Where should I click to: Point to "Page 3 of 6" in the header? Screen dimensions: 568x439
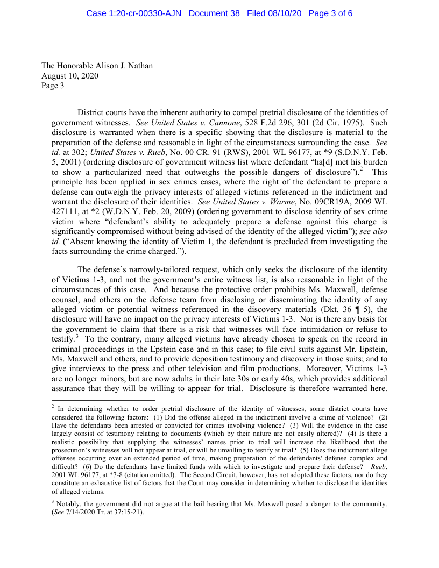click(330, 13)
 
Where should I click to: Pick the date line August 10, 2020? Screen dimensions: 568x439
click(70, 76)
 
